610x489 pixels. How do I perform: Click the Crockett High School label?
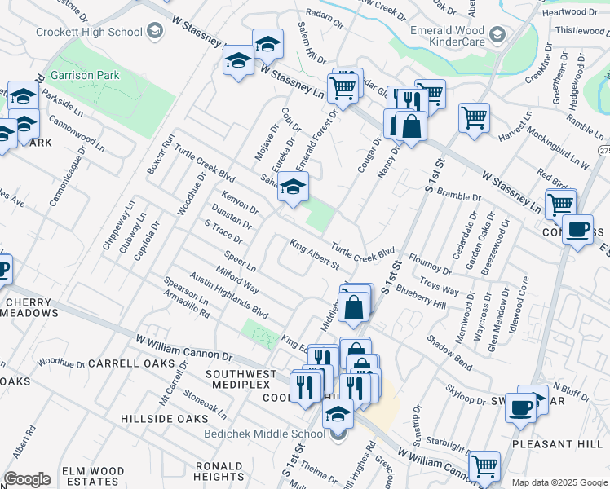coord(89,32)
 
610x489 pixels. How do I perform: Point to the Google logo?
coord(26,479)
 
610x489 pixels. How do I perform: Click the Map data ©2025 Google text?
coord(559,482)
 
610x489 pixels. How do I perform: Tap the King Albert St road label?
coord(315,257)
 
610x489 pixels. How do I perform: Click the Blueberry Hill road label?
coord(420,297)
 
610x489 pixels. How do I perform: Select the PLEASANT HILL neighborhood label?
coord(557,444)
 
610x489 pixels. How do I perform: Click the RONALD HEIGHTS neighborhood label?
coord(219,471)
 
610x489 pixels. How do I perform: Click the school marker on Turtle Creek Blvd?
coord(293,187)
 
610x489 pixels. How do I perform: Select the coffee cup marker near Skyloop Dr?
coord(520,407)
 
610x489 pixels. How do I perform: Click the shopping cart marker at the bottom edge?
coord(484,466)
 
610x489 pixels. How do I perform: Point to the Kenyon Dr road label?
coord(240,200)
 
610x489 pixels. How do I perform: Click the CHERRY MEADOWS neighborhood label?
coord(33,307)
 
